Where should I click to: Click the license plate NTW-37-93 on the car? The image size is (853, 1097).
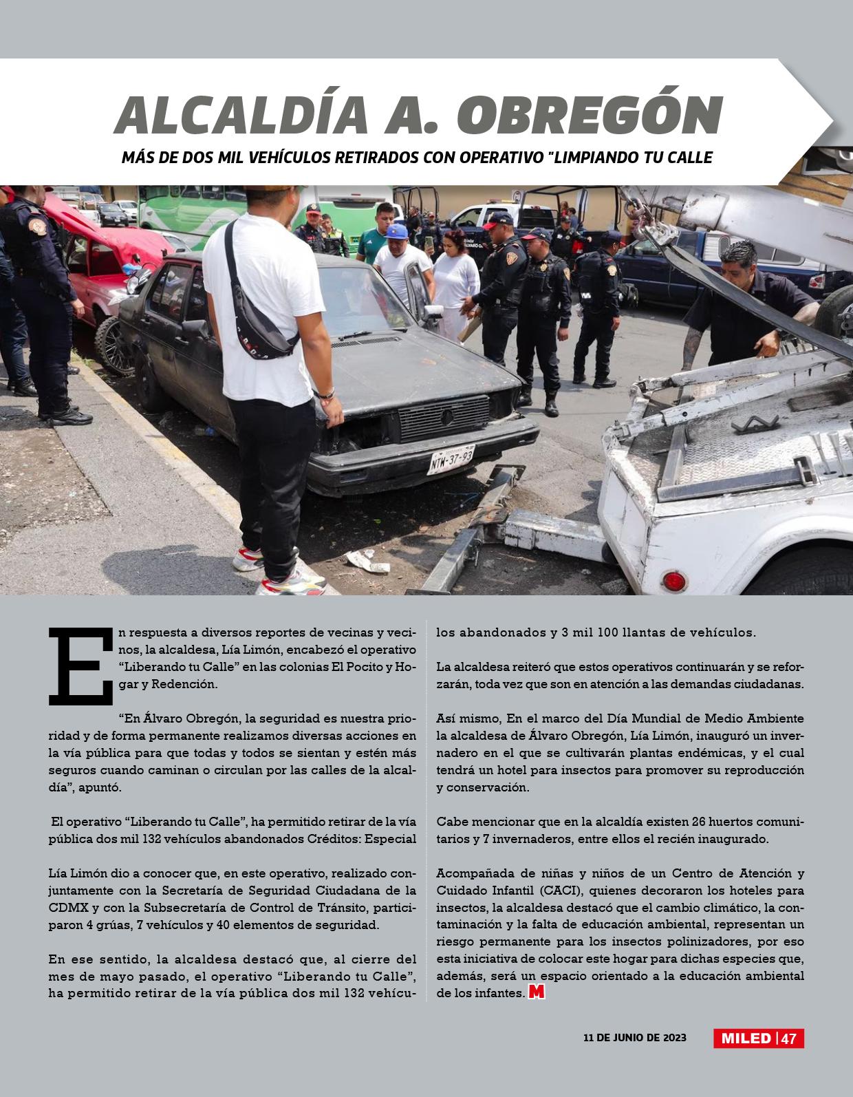point(451,459)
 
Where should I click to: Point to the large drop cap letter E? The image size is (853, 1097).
point(80,666)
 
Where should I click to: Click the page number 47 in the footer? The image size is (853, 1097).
point(789,1039)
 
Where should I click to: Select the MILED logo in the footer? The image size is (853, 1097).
point(746,1039)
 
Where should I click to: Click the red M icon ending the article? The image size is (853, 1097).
point(537,993)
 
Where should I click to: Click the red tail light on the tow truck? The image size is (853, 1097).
point(677,580)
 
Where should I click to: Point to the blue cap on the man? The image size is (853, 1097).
point(397,231)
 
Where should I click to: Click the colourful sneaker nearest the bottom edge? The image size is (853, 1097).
point(289,584)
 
